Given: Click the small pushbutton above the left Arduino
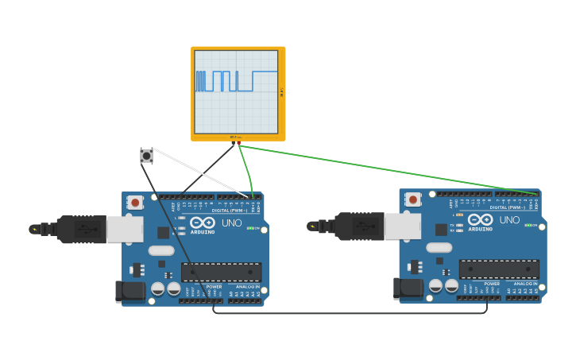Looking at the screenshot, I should click(x=146, y=156).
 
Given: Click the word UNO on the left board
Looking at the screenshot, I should click(x=231, y=223).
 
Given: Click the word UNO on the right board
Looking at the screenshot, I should click(x=508, y=220).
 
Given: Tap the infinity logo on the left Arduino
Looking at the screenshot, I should click(x=202, y=223).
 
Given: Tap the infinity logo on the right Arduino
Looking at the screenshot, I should click(x=480, y=219).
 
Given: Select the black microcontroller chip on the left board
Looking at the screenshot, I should click(x=221, y=273).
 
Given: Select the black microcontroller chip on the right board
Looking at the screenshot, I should click(x=499, y=269).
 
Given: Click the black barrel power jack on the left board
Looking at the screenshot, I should click(x=130, y=292).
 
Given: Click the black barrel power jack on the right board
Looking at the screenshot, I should click(x=408, y=288).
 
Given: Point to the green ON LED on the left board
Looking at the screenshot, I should click(x=252, y=229).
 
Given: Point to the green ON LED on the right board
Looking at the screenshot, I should click(x=529, y=225).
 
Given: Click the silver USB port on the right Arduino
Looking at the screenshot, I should click(x=402, y=226).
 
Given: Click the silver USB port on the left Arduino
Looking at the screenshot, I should click(x=125, y=229).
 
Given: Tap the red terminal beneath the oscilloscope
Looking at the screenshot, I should click(x=238, y=143).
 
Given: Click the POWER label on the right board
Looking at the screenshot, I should click(x=492, y=283).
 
